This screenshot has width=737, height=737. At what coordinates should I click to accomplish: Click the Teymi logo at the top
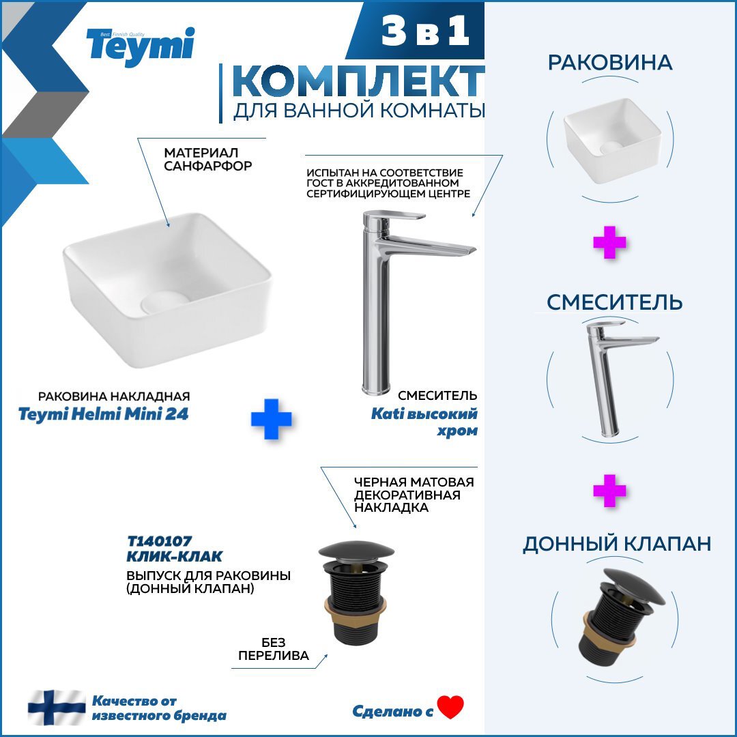140,46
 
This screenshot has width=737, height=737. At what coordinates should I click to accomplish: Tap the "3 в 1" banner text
425,31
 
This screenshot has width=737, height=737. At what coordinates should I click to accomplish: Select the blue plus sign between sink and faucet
271,419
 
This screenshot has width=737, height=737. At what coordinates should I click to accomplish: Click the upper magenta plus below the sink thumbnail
609,242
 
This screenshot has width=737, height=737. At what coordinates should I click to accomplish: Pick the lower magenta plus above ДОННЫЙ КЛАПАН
609,491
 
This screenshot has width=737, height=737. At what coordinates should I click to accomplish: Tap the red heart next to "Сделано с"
450,708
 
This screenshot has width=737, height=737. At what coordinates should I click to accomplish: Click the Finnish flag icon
57,708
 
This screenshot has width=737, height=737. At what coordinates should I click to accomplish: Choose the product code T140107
159,541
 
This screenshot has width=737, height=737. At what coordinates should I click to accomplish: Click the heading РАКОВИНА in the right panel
610,63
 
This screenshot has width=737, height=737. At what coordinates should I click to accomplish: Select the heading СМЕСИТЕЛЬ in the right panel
614,302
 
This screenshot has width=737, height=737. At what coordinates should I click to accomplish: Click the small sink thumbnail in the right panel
612,141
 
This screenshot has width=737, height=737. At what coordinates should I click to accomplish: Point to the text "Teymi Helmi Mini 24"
104,415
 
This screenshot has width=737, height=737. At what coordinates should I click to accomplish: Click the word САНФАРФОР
207,166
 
